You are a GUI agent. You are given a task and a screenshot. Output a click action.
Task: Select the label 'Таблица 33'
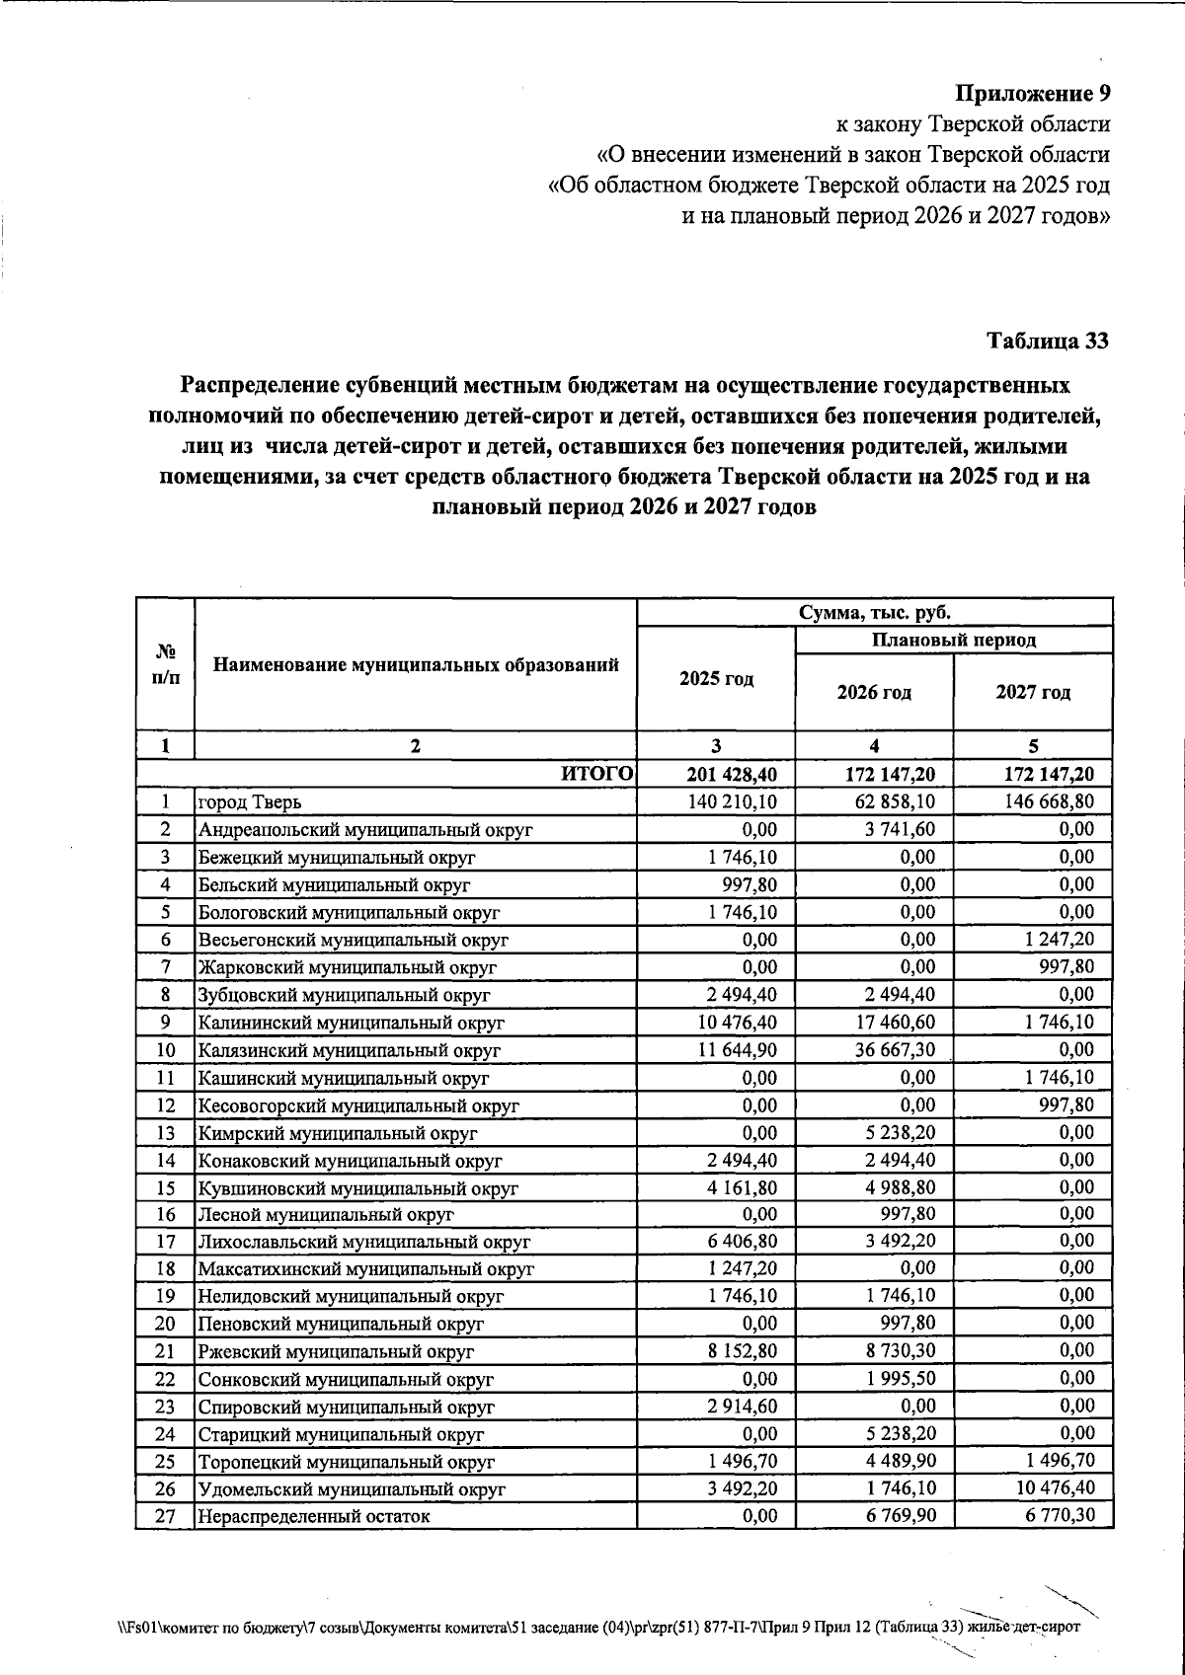(1048, 341)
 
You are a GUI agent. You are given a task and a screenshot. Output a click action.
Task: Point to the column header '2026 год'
(874, 692)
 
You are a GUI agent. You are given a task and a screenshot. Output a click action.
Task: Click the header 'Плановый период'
(953, 640)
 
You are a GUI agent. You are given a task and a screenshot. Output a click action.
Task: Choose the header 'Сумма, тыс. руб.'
(874, 612)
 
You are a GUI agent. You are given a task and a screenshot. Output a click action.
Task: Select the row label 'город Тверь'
(243, 802)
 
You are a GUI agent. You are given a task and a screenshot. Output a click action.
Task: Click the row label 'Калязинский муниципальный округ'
(349, 1050)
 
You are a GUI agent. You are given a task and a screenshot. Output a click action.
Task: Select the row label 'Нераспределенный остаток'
(314, 1516)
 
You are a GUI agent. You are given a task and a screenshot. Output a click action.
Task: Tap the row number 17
(165, 1242)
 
